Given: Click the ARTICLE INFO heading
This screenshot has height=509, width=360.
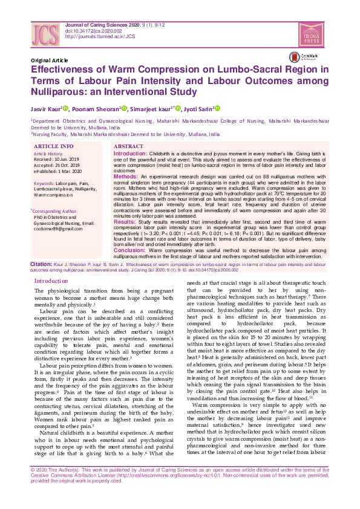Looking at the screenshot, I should (54, 147).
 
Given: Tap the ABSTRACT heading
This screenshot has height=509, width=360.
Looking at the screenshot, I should (128, 147).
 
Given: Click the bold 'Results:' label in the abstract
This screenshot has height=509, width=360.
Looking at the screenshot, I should (125, 222).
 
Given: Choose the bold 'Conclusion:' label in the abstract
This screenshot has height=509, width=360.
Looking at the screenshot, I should (129, 250).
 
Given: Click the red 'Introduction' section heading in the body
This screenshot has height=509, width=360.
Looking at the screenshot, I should (51, 282).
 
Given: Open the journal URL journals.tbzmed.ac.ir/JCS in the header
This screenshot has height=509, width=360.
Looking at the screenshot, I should (100, 36).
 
